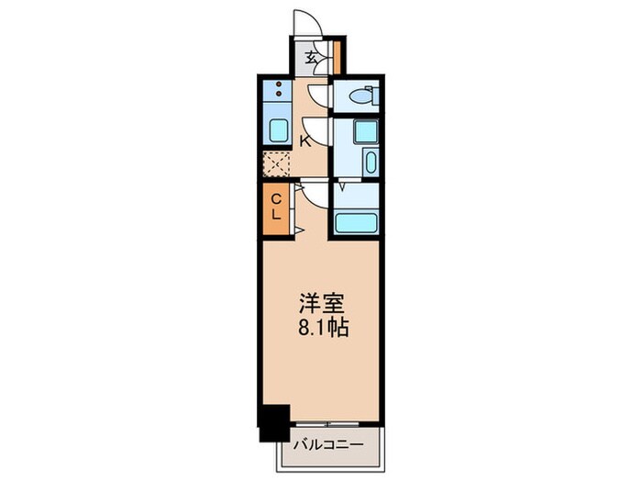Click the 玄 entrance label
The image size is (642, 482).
(x=311, y=58)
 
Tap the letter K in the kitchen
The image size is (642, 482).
(x=306, y=140)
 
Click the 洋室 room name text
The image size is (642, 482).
(x=320, y=304)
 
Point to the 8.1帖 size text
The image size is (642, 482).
(x=320, y=328)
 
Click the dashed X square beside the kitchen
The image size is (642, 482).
(x=276, y=163)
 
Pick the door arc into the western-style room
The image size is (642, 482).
(x=312, y=193)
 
